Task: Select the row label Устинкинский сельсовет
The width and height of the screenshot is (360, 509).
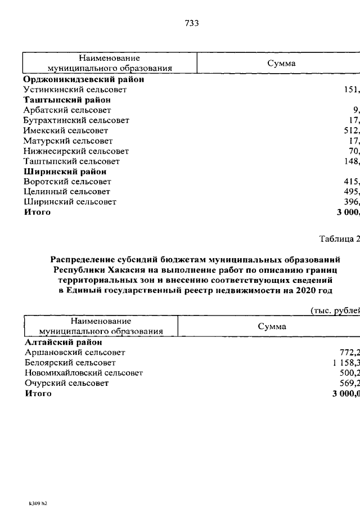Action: click(75, 89)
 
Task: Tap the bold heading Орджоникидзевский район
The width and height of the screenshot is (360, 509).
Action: click(84, 79)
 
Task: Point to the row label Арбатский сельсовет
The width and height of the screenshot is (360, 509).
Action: click(67, 110)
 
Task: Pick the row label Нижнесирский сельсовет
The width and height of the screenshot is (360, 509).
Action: click(76, 151)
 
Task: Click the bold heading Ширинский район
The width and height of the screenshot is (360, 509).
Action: click(65, 172)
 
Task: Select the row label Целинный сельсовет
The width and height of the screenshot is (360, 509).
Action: click(67, 192)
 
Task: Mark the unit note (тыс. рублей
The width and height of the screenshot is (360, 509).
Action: click(334, 311)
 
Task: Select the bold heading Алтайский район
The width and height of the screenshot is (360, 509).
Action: click(64, 342)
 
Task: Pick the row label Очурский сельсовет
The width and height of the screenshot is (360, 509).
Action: click(67, 383)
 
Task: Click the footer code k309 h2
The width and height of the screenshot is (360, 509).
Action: click(38, 503)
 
